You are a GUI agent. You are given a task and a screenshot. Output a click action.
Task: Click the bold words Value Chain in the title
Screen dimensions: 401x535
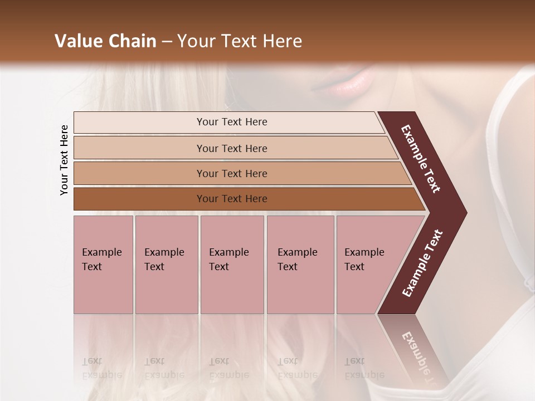[x=105, y=41]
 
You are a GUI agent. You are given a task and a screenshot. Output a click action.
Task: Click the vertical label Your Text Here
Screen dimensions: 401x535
[x=64, y=160]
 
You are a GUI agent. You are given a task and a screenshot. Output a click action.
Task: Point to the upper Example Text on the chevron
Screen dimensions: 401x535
[x=421, y=159]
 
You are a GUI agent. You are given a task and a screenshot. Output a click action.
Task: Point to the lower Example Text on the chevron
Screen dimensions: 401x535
[x=422, y=263]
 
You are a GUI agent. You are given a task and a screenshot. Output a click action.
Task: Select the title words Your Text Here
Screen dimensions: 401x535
[x=240, y=41]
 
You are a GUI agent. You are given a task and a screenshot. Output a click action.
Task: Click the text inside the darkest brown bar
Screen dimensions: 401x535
[x=232, y=199]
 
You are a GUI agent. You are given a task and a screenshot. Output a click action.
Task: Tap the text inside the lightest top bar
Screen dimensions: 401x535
[x=232, y=122]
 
